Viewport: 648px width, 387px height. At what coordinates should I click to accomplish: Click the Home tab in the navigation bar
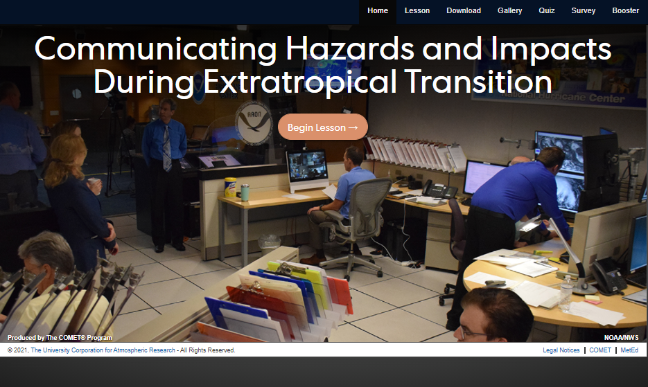pyautogui.click(x=377, y=11)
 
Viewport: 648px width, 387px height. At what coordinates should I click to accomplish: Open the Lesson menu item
pyautogui.click(x=417, y=11)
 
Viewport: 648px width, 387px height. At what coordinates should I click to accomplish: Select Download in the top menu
pyautogui.click(x=463, y=11)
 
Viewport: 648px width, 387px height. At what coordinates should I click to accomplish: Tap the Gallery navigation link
pyautogui.click(x=509, y=11)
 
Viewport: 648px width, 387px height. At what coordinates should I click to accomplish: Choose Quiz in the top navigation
pyautogui.click(x=546, y=11)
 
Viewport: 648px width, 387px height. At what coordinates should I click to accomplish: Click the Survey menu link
pyautogui.click(x=583, y=11)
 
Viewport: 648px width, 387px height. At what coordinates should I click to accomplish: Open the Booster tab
pyautogui.click(x=625, y=11)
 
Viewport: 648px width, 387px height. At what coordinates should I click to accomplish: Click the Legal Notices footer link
pyautogui.click(x=561, y=350)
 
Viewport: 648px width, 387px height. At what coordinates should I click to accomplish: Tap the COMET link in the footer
pyautogui.click(x=600, y=350)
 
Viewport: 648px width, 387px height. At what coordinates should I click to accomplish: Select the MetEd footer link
pyautogui.click(x=629, y=350)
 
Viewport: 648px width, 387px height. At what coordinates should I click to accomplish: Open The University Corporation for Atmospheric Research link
pyautogui.click(x=103, y=350)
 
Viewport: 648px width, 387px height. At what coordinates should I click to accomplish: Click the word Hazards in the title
pyautogui.click(x=349, y=48)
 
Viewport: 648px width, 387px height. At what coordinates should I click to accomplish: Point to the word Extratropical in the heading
pyautogui.click(x=300, y=82)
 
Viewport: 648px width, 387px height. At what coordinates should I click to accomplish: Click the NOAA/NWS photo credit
pyautogui.click(x=621, y=337)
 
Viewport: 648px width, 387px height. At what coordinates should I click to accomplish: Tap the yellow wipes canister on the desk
pyautogui.click(x=230, y=187)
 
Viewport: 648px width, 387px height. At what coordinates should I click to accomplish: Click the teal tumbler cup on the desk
pyautogui.click(x=245, y=192)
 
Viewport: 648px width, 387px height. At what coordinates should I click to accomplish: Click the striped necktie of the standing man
pyautogui.click(x=167, y=148)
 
